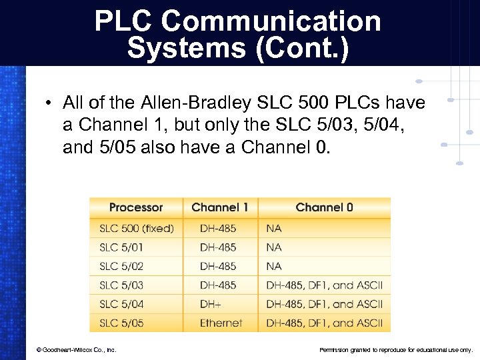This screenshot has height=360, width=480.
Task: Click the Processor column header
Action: pos(136,207)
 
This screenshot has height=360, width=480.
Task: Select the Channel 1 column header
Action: pos(219,207)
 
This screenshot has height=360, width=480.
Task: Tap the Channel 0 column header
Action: pos(324,207)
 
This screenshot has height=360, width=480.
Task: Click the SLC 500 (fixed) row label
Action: pos(137,228)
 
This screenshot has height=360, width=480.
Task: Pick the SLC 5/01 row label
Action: pos(121,247)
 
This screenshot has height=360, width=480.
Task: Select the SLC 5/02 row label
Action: pos(121,266)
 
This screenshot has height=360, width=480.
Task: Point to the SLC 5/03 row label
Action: pos(121,285)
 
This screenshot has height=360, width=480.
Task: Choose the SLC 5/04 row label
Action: pos(121,304)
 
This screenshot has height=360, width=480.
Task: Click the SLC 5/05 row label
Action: pos(121,323)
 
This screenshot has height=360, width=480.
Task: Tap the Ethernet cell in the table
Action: pos(221,323)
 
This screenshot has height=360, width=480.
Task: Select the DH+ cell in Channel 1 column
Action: pos(210,304)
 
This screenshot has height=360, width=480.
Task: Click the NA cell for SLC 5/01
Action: pos(274,247)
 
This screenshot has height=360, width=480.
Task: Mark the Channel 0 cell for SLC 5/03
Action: pos(324,285)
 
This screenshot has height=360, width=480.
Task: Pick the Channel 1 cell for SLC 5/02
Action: pos(218,266)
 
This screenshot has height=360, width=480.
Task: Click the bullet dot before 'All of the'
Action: pos(49,104)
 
